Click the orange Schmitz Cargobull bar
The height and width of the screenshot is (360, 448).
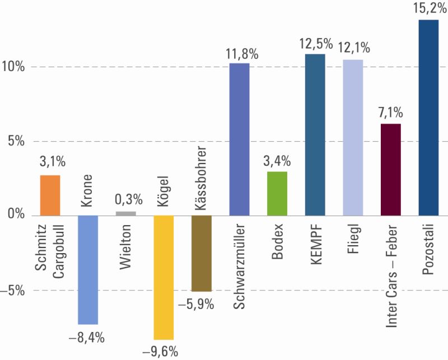click(50, 195)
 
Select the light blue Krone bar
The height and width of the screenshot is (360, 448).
click(88, 270)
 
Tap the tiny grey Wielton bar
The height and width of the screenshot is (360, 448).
click(126, 213)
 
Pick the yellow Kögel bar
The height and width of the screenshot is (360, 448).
click(164, 277)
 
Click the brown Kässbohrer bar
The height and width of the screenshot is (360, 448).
click(202, 253)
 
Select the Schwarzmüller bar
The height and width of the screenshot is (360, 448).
click(240, 139)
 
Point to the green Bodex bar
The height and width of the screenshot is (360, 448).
click(277, 193)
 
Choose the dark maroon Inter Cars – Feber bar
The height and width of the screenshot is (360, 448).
click(391, 170)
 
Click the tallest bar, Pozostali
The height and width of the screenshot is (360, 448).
click(428, 118)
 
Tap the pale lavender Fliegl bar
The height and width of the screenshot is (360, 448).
click(353, 137)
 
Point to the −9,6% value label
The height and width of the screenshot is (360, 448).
click(164, 352)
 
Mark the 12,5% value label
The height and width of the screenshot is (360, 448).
click(315, 43)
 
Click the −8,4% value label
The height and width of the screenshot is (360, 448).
click(87, 337)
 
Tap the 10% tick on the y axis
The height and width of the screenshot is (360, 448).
click(13, 67)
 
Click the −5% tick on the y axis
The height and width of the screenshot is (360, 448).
click(12, 290)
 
